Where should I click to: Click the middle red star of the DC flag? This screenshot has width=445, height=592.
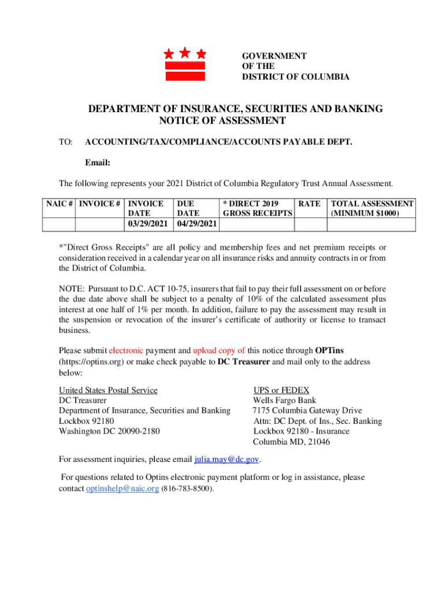click(x=185, y=53)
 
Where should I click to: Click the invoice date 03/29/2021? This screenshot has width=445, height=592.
click(x=147, y=224)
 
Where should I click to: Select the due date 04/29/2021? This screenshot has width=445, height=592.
click(x=196, y=224)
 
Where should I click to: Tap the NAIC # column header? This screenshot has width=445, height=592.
click(x=60, y=203)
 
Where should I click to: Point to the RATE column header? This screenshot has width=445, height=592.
click(x=309, y=203)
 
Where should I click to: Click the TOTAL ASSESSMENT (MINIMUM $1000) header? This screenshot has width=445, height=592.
click(x=371, y=208)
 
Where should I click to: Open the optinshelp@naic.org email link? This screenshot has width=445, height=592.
click(x=123, y=489)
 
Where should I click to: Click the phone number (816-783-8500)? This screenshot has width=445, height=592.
click(x=188, y=489)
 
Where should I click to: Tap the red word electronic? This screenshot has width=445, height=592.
click(x=127, y=350)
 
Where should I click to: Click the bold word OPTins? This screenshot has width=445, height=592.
click(x=329, y=350)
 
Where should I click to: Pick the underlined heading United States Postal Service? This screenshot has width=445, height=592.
click(x=108, y=390)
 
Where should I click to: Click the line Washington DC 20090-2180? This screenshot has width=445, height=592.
click(x=109, y=431)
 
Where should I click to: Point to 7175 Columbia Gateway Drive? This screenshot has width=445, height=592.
click(x=307, y=411)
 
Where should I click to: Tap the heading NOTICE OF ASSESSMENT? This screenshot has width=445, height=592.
click(x=222, y=121)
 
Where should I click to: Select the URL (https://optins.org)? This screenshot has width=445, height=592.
click(x=91, y=362)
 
